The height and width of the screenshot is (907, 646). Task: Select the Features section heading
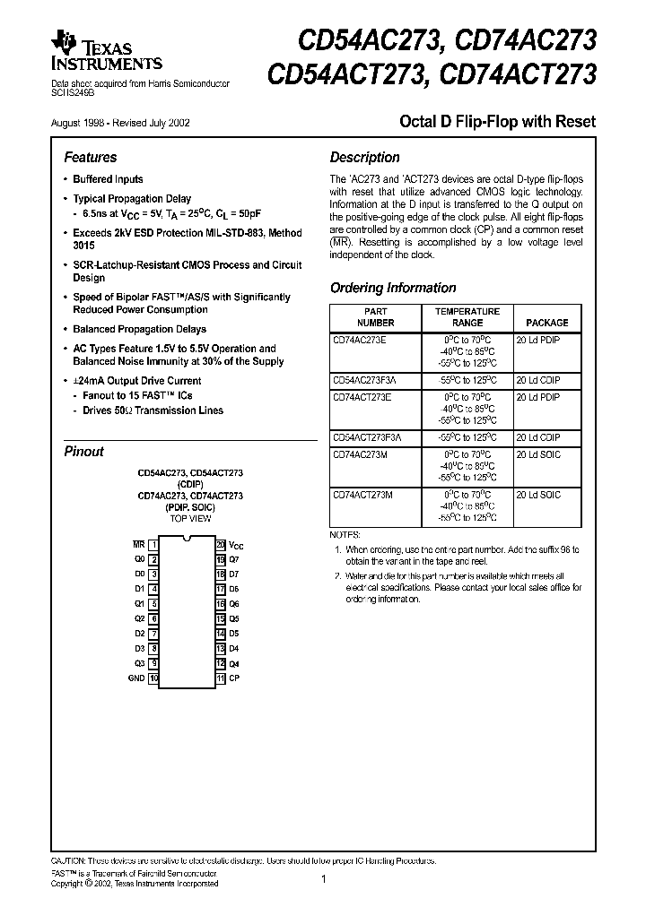[x=91, y=157]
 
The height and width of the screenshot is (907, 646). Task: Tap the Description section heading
[x=364, y=157]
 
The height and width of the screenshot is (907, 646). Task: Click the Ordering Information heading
[x=393, y=288]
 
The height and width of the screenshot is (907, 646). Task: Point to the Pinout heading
[x=83, y=452]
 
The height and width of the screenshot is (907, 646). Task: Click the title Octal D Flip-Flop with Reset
[x=496, y=121]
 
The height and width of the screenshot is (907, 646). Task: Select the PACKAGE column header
[x=546, y=323]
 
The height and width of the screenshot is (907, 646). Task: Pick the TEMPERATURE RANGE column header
[x=467, y=316]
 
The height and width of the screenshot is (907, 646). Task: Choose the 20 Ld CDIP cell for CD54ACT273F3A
[x=538, y=437]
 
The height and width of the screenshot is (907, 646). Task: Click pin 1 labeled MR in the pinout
[x=138, y=544]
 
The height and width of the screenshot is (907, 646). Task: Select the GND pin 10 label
[x=136, y=678]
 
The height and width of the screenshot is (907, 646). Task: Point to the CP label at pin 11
[x=233, y=678]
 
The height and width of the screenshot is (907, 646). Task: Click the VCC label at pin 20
[x=236, y=545]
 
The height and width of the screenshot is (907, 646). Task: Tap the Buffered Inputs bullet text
[x=108, y=179]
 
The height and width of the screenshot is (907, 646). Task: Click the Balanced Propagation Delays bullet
[x=139, y=329]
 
